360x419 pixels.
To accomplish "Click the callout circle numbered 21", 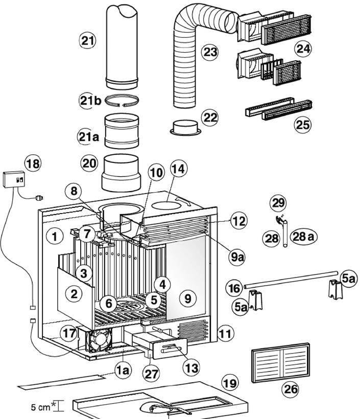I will [x=88, y=40].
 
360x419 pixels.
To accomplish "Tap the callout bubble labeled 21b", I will [x=90, y=101].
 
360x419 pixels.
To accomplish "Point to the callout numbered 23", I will [x=209, y=52].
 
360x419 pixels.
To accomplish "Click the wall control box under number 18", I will [x=15, y=180].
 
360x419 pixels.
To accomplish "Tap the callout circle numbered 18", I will [x=33, y=164].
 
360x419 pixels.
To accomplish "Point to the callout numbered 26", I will [x=291, y=389].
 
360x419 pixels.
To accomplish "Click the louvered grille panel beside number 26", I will [x=280, y=363].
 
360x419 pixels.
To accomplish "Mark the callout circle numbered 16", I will [x=233, y=288].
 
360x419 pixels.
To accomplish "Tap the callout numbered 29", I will [x=279, y=203].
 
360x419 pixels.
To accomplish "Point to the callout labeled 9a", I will [x=237, y=258].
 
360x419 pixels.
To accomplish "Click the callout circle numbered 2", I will [x=74, y=293].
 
